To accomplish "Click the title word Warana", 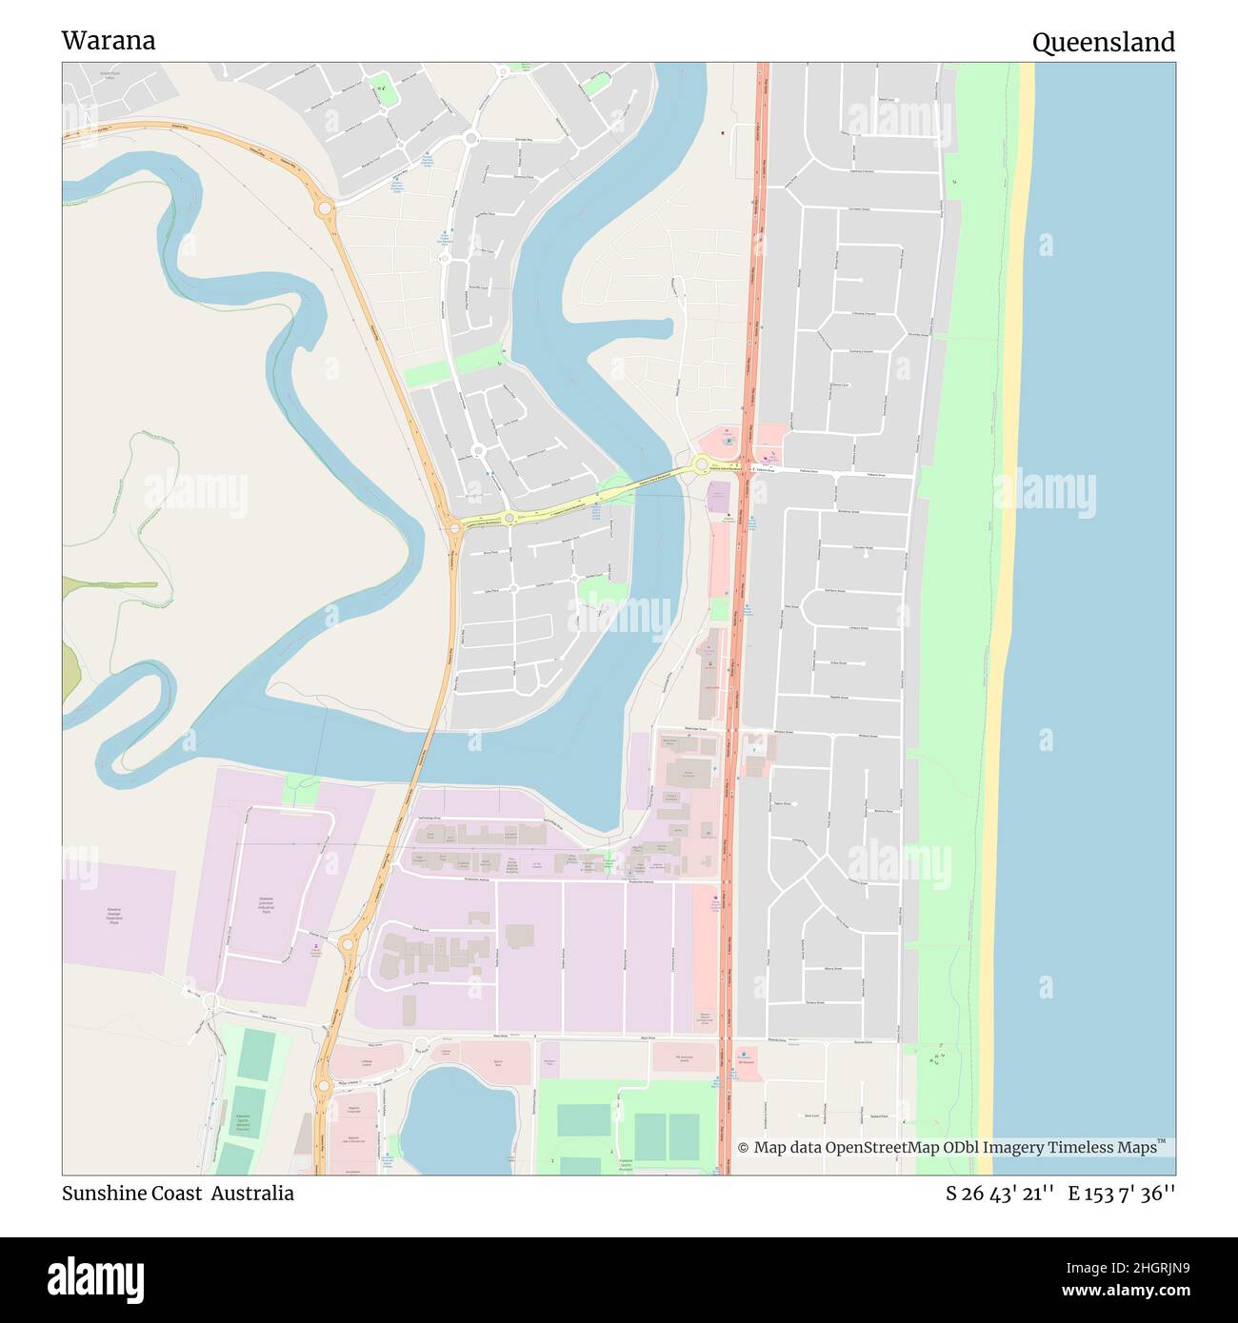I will (109, 41).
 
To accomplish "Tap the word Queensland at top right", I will (1103, 43).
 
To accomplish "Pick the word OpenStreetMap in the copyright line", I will (883, 1148).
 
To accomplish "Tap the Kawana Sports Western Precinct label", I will (242, 1123).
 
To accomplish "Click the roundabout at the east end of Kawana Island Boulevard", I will (701, 464).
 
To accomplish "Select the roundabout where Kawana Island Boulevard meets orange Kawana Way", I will (453, 525).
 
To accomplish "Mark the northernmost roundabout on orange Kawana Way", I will (325, 207).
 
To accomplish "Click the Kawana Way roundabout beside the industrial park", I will (347, 944).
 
